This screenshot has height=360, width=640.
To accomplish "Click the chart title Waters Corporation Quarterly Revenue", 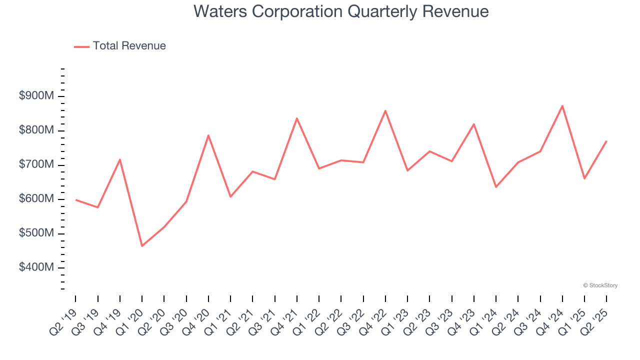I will click(341, 11).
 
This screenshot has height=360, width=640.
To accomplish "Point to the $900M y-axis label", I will click(36, 96).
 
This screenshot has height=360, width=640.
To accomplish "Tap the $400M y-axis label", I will click(36, 267).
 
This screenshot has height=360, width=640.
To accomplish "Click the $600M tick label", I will click(36, 199).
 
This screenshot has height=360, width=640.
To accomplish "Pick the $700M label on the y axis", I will click(36, 164).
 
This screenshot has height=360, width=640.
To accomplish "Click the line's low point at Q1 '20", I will click(142, 245).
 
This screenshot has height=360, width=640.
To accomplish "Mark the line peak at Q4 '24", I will click(562, 106).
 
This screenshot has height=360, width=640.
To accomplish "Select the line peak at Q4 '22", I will click(385, 110).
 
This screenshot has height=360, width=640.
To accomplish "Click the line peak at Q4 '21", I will click(297, 118).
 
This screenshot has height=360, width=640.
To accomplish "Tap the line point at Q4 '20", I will click(208, 135).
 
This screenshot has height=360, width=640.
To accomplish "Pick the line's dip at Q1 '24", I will click(496, 187).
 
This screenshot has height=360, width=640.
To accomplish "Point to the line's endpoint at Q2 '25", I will click(606, 141).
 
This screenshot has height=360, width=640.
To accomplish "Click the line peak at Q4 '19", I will click(120, 159).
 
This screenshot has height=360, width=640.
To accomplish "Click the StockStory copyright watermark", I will click(600, 285).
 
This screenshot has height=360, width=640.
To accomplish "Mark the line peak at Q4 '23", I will click(474, 124).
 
